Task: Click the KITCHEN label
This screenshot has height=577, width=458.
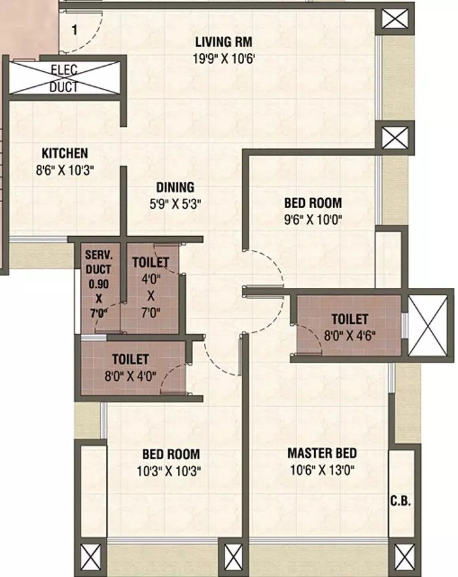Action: click(x=65, y=154)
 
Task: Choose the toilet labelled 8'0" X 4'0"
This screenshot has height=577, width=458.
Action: click(x=130, y=367)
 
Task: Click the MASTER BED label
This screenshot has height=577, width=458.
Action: click(x=322, y=453)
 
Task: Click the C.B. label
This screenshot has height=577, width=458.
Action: click(x=400, y=502)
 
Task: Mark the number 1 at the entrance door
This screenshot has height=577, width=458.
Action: click(x=75, y=29)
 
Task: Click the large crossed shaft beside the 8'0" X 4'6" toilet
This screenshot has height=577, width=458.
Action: click(x=427, y=325)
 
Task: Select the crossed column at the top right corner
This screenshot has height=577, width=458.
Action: click(x=395, y=18)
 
